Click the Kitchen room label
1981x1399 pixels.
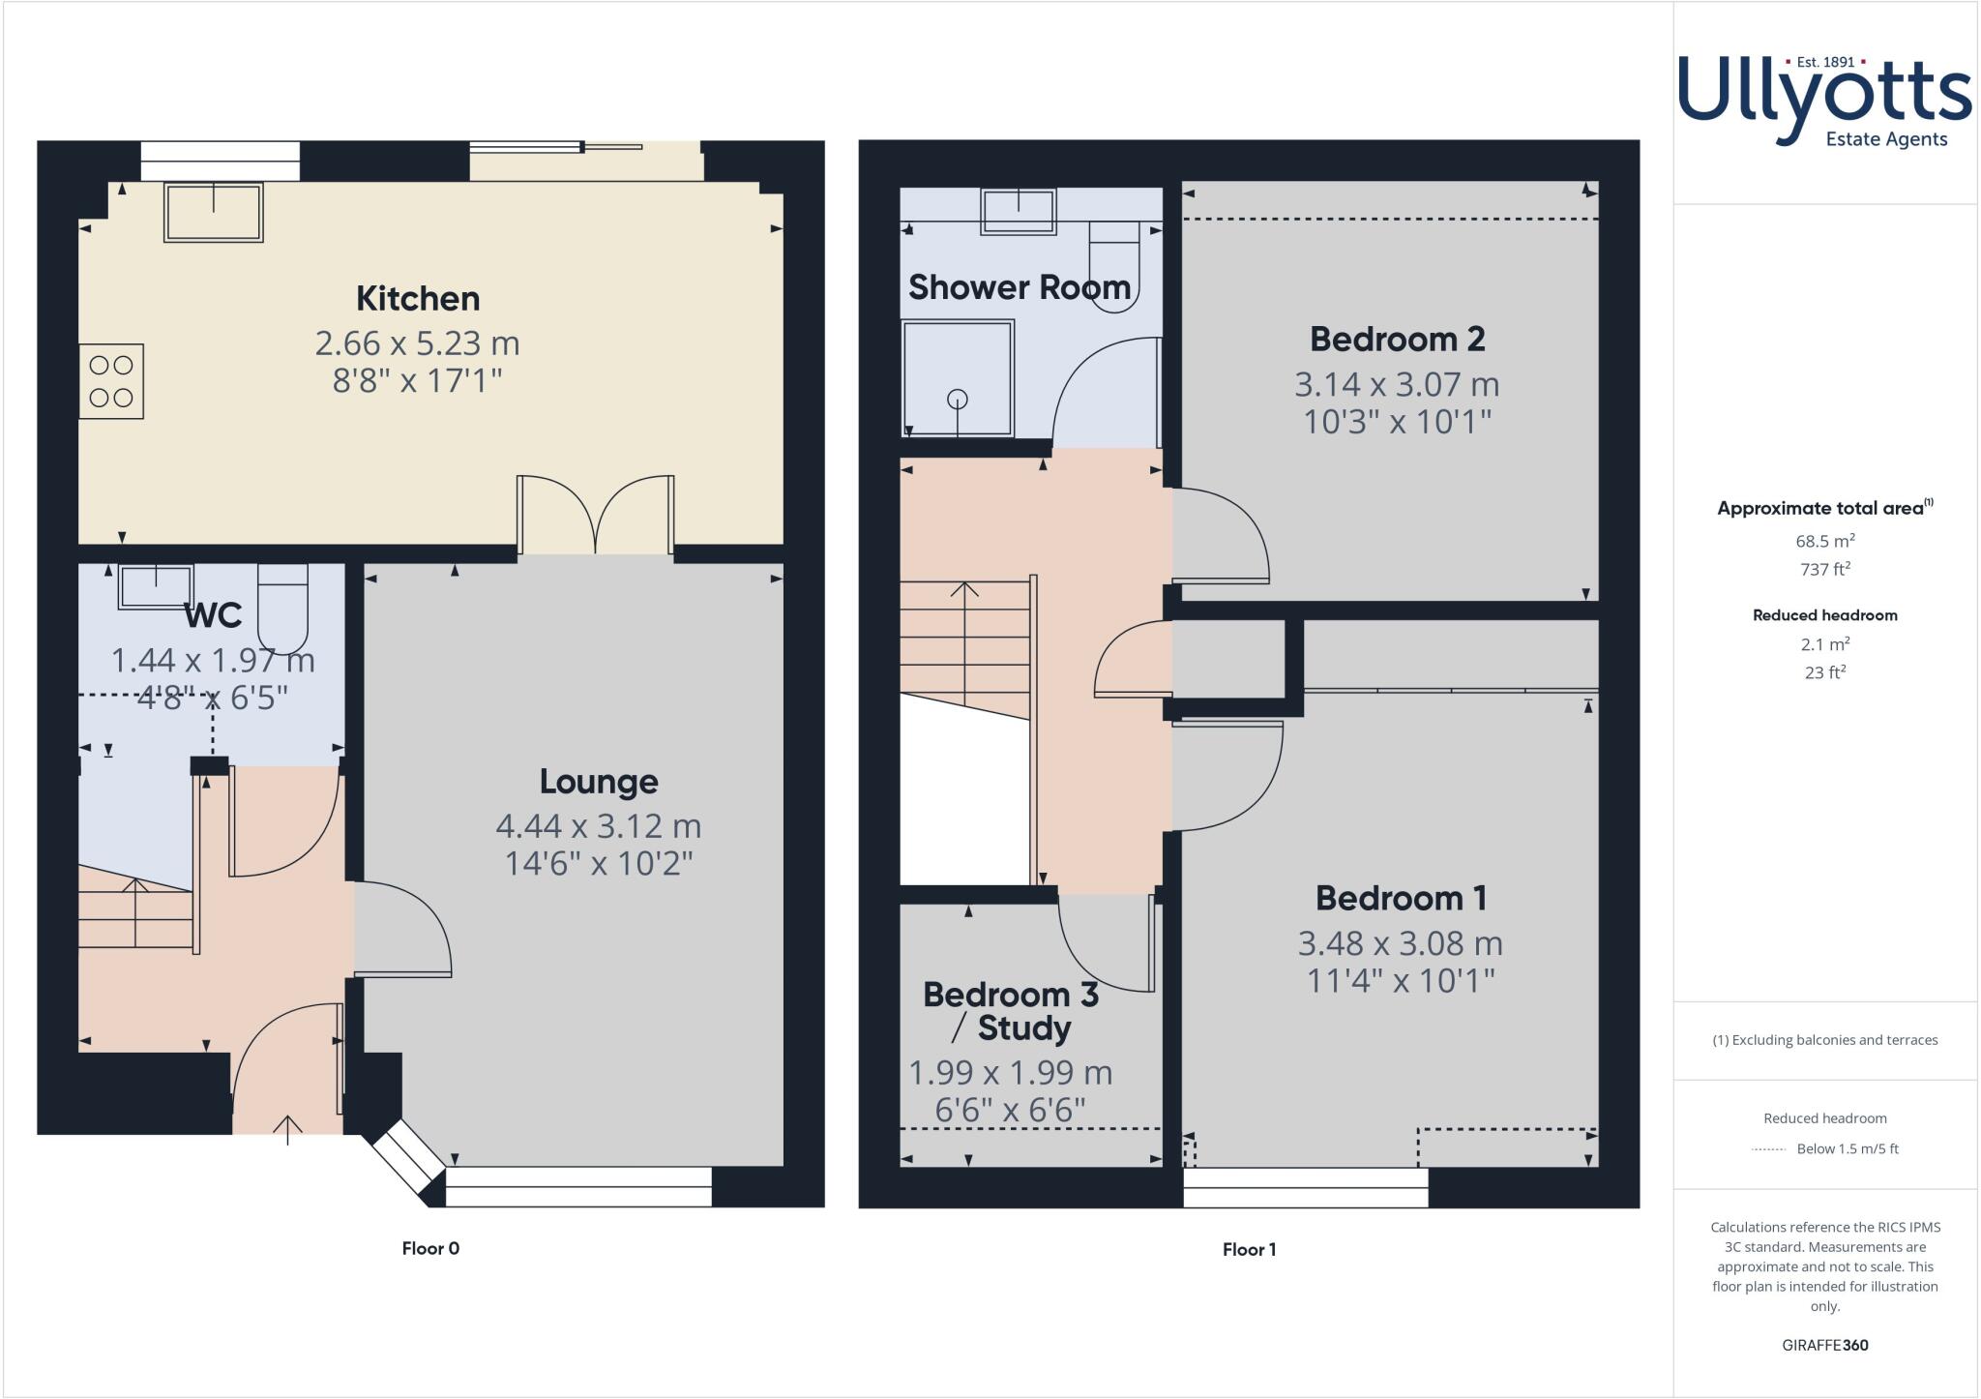tap(418, 298)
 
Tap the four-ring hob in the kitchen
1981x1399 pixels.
tap(111, 381)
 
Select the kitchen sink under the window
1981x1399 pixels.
tap(213, 212)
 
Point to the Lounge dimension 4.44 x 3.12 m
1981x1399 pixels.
tap(598, 826)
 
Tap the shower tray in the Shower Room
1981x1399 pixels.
tap(958, 378)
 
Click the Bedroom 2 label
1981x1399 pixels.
tap(1397, 340)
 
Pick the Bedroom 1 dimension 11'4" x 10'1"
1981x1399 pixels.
tap(1400, 981)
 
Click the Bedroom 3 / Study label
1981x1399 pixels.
tap(1011, 1011)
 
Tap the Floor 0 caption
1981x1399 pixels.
tap(430, 1248)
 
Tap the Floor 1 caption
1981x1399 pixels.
tap(1249, 1249)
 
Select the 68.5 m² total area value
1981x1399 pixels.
tap(1824, 542)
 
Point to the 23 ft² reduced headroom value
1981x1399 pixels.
tap(1824, 672)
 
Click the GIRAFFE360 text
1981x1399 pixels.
tap(1824, 1345)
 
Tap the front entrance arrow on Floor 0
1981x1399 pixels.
tap(288, 1129)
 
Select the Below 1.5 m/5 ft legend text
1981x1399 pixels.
tap(1847, 1149)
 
